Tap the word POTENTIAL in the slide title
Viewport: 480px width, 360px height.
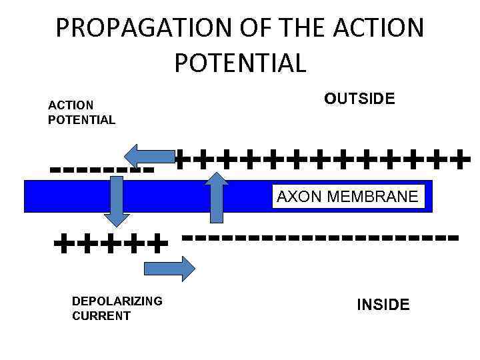(x=240, y=63)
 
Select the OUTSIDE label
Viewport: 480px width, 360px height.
(x=359, y=99)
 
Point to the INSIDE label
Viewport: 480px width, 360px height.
(x=383, y=305)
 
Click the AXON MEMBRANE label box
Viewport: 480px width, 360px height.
(x=348, y=197)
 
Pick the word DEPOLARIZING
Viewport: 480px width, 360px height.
(x=117, y=301)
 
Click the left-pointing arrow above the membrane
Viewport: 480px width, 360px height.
(x=150, y=157)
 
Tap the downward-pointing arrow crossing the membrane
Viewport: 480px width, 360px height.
(x=117, y=201)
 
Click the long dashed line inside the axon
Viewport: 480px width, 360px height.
(x=320, y=237)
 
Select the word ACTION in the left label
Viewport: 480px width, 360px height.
(x=71, y=105)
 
